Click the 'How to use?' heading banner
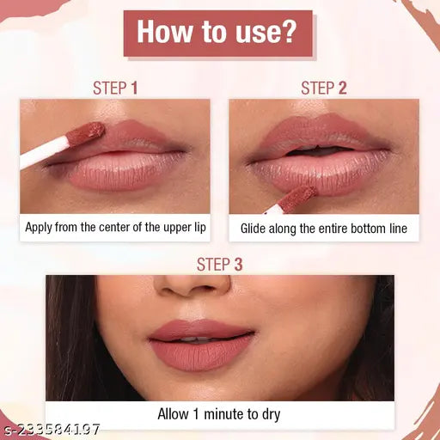(x=219, y=34)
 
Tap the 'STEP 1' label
(x=115, y=88)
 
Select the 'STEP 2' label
(x=323, y=88)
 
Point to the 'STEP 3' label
(x=219, y=264)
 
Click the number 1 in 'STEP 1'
(x=134, y=88)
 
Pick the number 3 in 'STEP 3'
(x=238, y=264)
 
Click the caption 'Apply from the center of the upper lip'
(x=115, y=228)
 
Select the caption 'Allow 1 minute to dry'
(x=219, y=414)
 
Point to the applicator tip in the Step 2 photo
(x=296, y=197)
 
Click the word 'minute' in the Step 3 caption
(x=223, y=414)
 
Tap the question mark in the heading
(x=290, y=34)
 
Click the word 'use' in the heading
(x=254, y=34)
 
